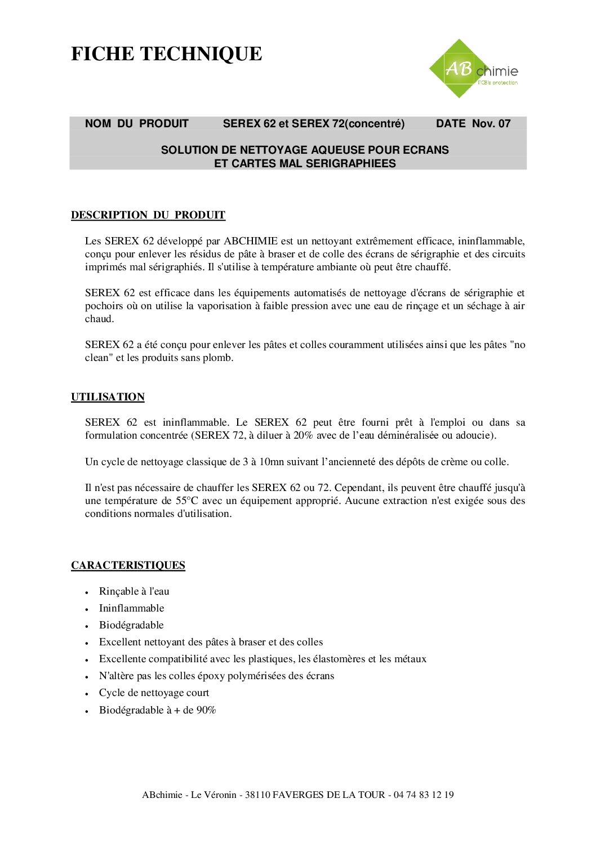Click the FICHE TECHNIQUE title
click(x=166, y=54)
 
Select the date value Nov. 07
click(x=491, y=124)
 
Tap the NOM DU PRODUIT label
click(x=136, y=124)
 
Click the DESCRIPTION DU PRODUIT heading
click(x=148, y=215)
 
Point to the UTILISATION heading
click(x=108, y=397)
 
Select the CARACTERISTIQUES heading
click(x=128, y=565)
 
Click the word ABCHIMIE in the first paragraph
click(x=251, y=241)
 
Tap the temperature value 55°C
click(x=187, y=501)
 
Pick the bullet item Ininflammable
click(x=131, y=608)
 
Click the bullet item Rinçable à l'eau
click(x=134, y=591)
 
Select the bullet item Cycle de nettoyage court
click(x=154, y=693)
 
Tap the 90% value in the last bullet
click(x=206, y=710)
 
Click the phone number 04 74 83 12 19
click(x=424, y=795)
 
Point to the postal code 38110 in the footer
click(x=257, y=795)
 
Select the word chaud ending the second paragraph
click(x=99, y=319)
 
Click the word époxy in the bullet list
click(x=211, y=676)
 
